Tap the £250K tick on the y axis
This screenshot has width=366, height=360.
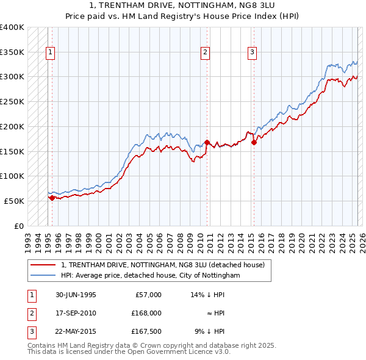pos(12,101)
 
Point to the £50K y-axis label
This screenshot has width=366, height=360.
pos(14,201)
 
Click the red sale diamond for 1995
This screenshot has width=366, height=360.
pos(52,197)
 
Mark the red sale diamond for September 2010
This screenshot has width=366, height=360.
pos(207,142)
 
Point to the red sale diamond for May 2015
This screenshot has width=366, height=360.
pos(254,143)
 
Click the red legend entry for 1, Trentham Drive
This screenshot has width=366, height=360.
pos(162,265)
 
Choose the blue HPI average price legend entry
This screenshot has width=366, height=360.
pos(151,276)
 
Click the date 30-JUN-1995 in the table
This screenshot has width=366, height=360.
pos(76,295)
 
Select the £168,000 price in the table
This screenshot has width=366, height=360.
pos(146,313)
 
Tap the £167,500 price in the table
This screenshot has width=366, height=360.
pos(146,332)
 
